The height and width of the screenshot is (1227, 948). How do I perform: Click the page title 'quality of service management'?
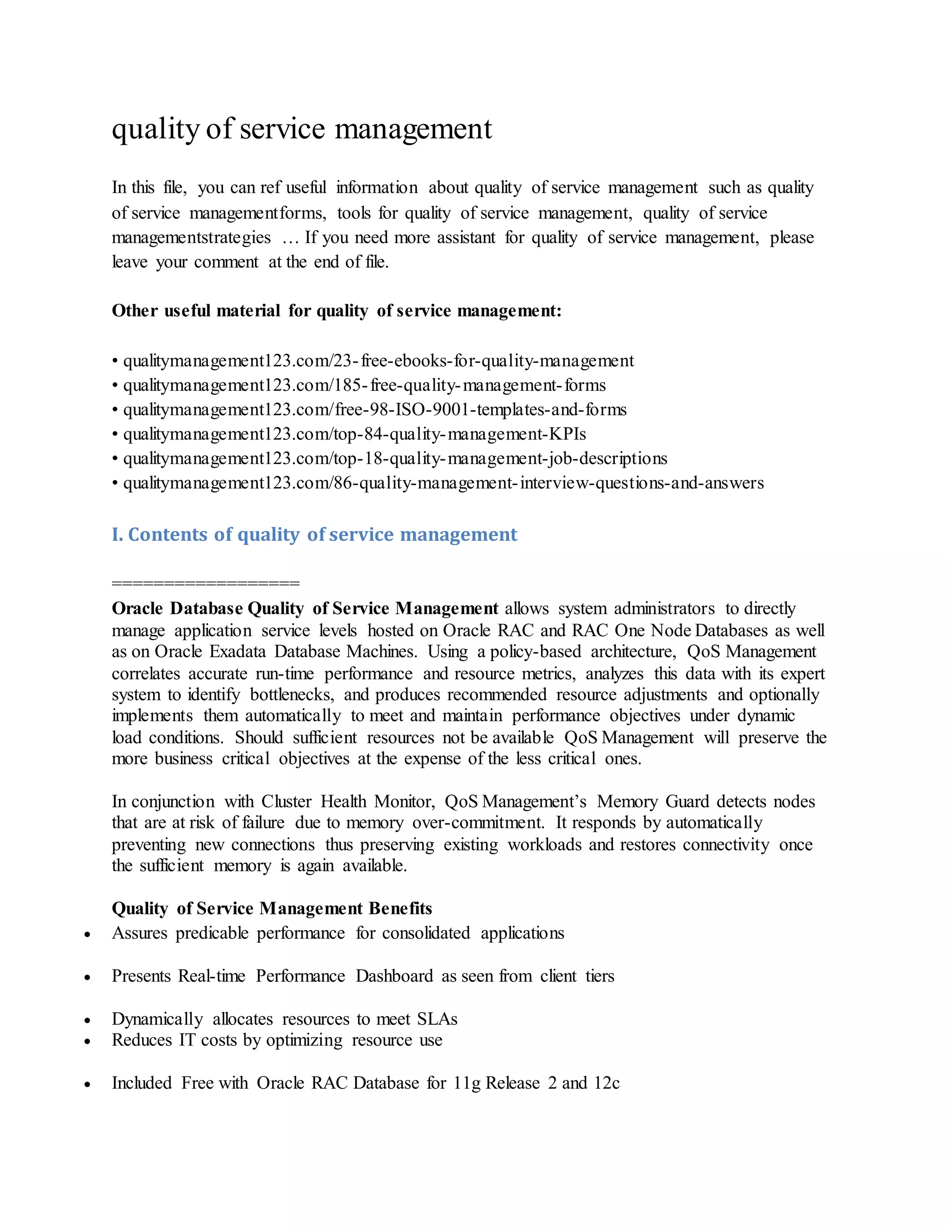tap(302, 129)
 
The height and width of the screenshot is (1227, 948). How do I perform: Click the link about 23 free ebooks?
tap(378, 361)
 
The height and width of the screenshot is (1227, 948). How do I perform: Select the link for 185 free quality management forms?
tap(364, 385)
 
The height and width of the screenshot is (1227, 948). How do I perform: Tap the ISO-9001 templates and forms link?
tap(374, 410)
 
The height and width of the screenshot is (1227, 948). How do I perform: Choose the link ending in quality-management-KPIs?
tap(355, 434)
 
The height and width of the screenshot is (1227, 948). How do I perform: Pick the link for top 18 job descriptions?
tap(395, 458)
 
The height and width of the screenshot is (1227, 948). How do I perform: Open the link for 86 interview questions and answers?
tap(443, 483)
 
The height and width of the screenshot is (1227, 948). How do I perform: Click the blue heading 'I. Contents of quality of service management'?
tap(314, 534)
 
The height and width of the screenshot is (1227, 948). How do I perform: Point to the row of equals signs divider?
tap(206, 583)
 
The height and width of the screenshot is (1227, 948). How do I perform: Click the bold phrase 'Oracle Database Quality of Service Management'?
tap(305, 608)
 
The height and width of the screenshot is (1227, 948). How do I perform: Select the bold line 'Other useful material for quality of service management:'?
tap(337, 311)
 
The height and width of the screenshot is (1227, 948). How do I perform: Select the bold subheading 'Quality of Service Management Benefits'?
tap(272, 908)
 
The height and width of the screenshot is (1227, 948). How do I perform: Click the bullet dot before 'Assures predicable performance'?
tap(87, 935)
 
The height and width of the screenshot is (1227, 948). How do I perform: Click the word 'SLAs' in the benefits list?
tap(437, 1019)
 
